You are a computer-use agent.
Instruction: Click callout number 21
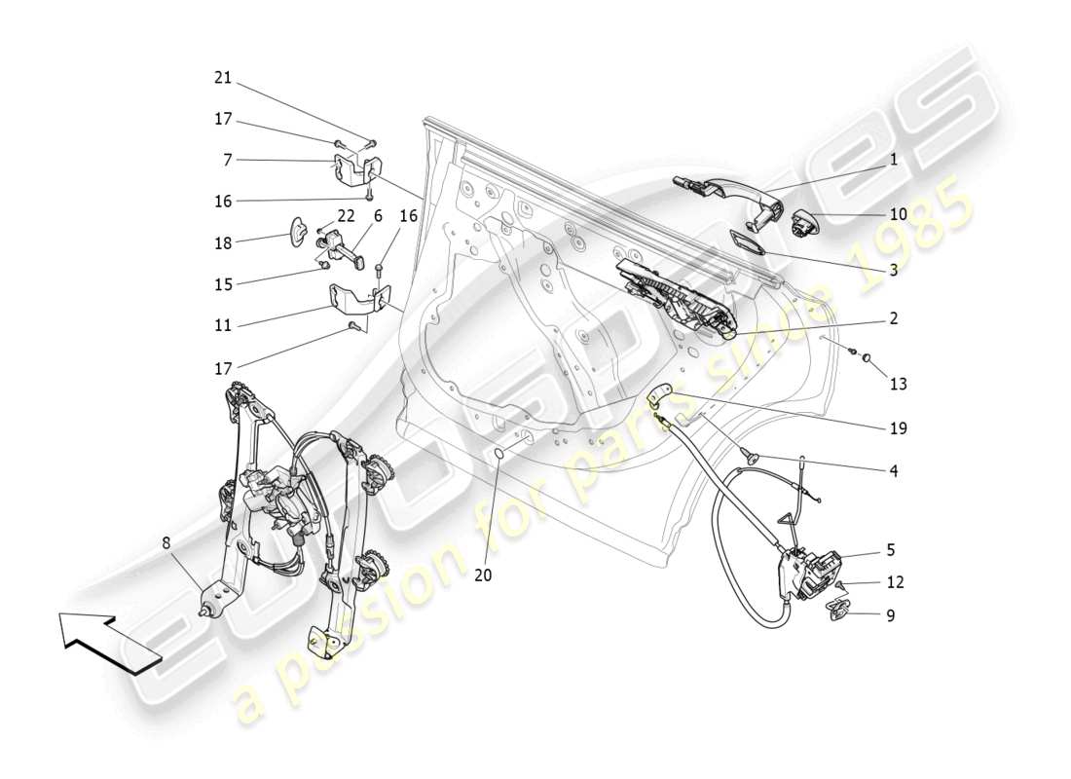(223, 78)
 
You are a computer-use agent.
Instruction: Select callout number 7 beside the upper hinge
(227, 159)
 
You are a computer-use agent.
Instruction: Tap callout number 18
(223, 242)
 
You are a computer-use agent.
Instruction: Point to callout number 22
(346, 215)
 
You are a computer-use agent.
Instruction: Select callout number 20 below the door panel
(483, 575)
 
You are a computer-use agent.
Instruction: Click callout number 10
(898, 214)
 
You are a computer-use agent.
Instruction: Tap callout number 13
(898, 385)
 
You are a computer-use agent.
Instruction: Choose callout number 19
(898, 427)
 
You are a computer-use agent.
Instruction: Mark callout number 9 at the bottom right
(891, 615)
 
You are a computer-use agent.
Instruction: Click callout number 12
(895, 582)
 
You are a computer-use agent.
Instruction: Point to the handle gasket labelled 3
(748, 241)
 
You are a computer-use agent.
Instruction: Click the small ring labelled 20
(499, 455)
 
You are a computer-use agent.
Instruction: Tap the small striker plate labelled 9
(835, 610)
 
